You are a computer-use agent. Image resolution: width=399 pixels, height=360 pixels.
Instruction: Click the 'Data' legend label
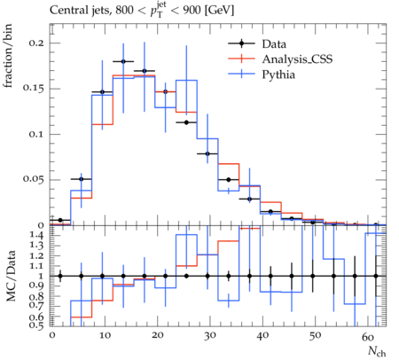(x=274, y=44)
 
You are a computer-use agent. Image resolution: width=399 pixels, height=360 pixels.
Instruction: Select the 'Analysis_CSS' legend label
(x=297, y=59)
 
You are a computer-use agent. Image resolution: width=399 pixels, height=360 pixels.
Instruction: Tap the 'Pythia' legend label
(x=278, y=74)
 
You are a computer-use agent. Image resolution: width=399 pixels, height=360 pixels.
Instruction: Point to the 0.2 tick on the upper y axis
(x=36, y=43)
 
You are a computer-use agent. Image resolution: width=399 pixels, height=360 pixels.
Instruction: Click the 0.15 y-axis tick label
(x=34, y=89)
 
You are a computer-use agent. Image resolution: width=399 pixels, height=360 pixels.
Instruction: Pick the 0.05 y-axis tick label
(x=34, y=180)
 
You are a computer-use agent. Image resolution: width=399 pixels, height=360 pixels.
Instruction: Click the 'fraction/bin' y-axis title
(x=8, y=56)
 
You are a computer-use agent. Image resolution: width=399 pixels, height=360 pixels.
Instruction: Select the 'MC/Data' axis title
(x=11, y=276)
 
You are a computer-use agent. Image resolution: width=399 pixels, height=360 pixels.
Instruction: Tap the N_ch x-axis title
(x=377, y=351)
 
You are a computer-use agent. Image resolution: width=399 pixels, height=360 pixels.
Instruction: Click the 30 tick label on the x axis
(x=209, y=336)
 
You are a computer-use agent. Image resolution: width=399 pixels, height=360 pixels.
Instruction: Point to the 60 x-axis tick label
(x=368, y=336)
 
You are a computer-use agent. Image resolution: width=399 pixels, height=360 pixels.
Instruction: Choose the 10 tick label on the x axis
(x=105, y=336)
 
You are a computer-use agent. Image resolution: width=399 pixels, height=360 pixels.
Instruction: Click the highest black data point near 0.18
(x=123, y=61)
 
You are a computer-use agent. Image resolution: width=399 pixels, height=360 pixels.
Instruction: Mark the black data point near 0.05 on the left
(x=82, y=179)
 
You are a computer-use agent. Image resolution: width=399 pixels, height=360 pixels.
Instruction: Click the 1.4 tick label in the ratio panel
(x=36, y=236)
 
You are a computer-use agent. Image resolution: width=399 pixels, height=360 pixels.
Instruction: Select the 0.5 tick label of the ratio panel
(x=36, y=325)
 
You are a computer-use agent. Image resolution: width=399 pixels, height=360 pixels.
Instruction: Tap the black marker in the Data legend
(x=241, y=43)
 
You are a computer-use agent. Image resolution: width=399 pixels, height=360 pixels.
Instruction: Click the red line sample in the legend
(x=241, y=59)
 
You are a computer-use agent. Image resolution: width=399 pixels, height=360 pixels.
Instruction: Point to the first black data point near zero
(x=60, y=220)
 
